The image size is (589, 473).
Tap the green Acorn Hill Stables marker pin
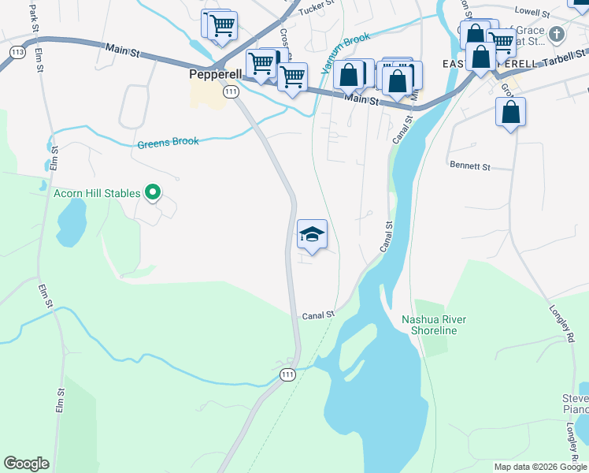[x=154, y=192]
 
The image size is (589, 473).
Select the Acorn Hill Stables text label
[x=97, y=193]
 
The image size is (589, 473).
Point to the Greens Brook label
[x=168, y=143]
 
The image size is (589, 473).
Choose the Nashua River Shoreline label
[x=434, y=325]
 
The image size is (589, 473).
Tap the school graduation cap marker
[x=312, y=235]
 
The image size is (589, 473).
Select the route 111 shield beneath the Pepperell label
[x=230, y=92]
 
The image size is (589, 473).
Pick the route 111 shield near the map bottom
[x=288, y=374]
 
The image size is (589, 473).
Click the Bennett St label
[x=469, y=167]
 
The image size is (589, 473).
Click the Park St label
[x=32, y=13]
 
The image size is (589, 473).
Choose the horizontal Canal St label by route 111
[x=318, y=315]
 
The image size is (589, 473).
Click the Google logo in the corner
[x=26, y=463]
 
